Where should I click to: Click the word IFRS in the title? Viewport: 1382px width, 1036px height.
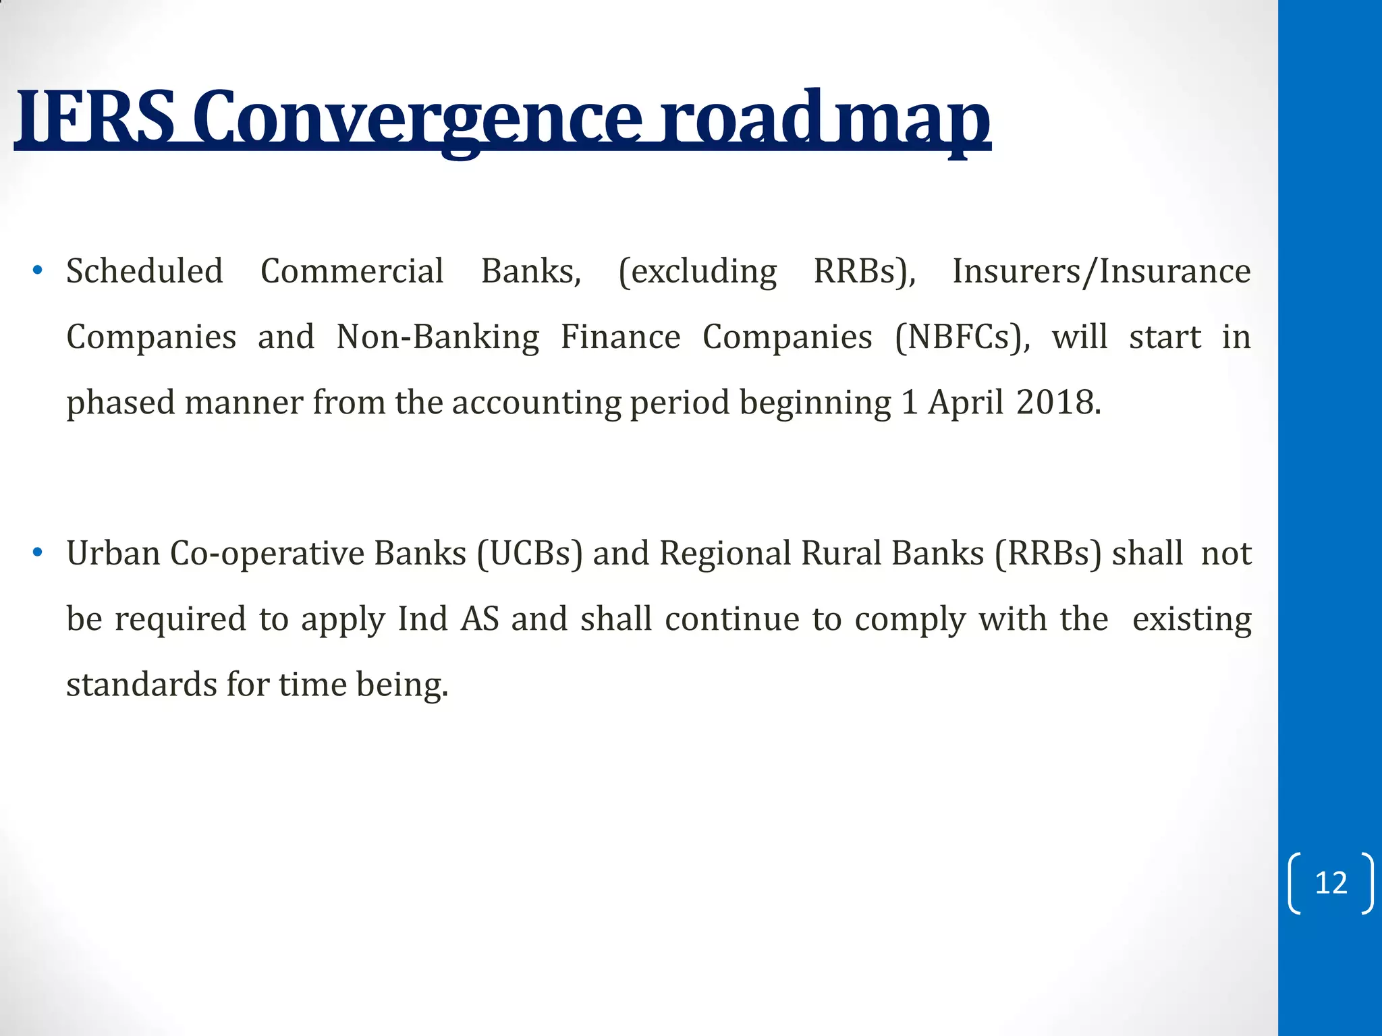click(94, 118)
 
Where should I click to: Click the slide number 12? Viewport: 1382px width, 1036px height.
click(1331, 883)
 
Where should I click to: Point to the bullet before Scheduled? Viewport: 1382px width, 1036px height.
click(38, 271)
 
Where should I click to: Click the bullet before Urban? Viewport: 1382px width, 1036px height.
click(38, 553)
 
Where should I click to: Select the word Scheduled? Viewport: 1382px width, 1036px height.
click(144, 271)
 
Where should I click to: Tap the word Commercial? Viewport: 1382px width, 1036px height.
click(352, 271)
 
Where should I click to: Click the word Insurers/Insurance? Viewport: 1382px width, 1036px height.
click(1101, 271)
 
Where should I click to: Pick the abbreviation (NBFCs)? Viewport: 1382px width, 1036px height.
click(962, 337)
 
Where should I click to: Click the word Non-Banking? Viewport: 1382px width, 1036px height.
click(437, 337)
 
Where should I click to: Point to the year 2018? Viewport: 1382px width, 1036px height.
click(1057, 402)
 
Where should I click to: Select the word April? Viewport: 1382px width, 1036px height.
click(966, 402)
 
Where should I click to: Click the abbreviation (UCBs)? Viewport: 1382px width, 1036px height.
click(530, 553)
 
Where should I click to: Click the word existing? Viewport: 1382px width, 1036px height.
click(1192, 618)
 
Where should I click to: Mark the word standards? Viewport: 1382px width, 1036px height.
click(142, 684)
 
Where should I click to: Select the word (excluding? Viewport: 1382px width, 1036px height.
click(698, 271)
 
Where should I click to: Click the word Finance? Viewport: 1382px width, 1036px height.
click(620, 337)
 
